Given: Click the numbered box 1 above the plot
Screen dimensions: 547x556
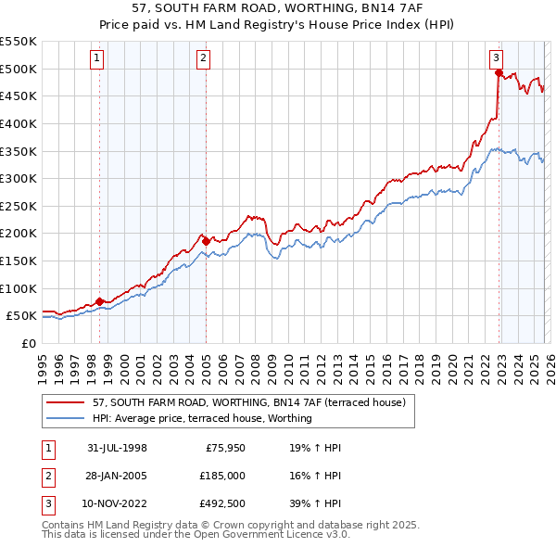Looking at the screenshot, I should (x=98, y=58).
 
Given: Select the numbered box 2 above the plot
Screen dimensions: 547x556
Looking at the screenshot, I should (x=204, y=58).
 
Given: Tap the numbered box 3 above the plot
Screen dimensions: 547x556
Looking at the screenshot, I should (x=497, y=58).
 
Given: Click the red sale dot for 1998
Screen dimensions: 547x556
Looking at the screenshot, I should (x=99, y=301).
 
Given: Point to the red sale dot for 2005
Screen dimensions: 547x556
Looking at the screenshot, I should (x=206, y=241).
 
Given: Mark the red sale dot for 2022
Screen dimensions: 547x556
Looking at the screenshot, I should (x=499, y=72).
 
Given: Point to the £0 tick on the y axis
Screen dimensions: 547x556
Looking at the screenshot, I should (x=28, y=343).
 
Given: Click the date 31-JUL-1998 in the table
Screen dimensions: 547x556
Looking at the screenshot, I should (x=117, y=448).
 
